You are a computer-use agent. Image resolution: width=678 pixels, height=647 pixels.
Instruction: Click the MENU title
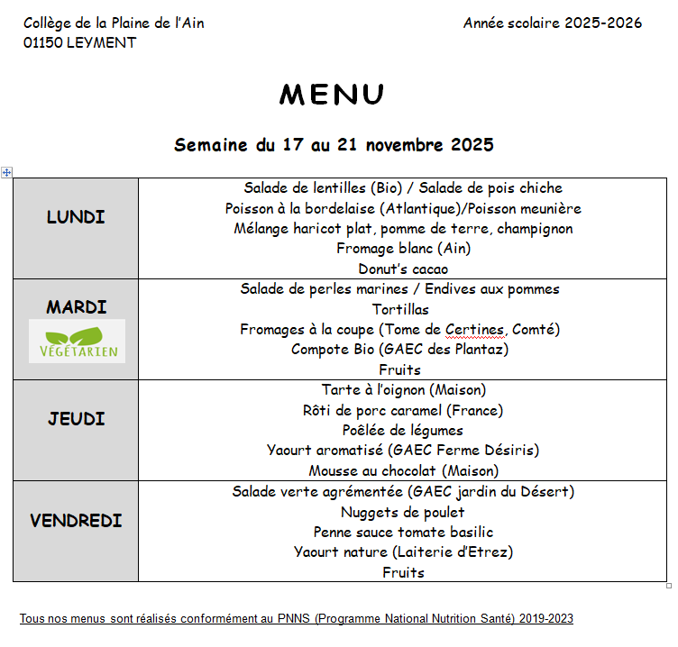[x=332, y=95]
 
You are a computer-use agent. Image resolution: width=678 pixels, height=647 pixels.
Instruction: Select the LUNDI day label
[x=76, y=217]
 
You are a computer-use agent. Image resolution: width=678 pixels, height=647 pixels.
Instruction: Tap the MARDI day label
[x=77, y=307]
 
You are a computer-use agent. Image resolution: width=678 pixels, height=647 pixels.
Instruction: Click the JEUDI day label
[x=77, y=419]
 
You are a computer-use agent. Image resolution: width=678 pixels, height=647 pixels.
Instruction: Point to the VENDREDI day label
[x=76, y=521]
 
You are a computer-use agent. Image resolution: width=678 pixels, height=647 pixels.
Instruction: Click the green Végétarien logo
[x=77, y=342]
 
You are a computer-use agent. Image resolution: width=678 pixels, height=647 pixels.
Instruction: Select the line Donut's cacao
[x=403, y=269]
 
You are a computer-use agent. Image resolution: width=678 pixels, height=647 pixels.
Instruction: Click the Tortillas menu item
[x=400, y=309]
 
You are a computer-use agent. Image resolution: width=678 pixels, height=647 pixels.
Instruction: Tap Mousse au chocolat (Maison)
[x=403, y=470]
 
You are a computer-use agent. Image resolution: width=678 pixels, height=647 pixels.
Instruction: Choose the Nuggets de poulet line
[x=403, y=512]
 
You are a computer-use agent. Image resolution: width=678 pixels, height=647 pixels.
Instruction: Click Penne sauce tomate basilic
[x=403, y=532]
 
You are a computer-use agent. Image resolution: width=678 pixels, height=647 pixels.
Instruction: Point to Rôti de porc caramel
[x=403, y=410]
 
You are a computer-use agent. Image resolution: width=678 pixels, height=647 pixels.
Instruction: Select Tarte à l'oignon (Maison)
[x=403, y=390]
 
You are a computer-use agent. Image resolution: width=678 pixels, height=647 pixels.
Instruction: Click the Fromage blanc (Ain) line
[x=403, y=248]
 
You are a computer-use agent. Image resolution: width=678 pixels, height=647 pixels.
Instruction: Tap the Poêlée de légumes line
[x=403, y=430]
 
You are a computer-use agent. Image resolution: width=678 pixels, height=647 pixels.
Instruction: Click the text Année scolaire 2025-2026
[x=552, y=23]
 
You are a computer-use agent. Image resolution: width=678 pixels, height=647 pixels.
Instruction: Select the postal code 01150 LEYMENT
[x=80, y=43]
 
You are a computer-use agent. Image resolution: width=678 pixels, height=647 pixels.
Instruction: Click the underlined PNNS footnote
[x=297, y=619]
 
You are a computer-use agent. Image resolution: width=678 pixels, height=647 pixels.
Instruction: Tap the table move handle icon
[x=7, y=172]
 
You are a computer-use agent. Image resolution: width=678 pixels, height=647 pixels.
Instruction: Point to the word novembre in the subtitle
[x=392, y=145]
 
